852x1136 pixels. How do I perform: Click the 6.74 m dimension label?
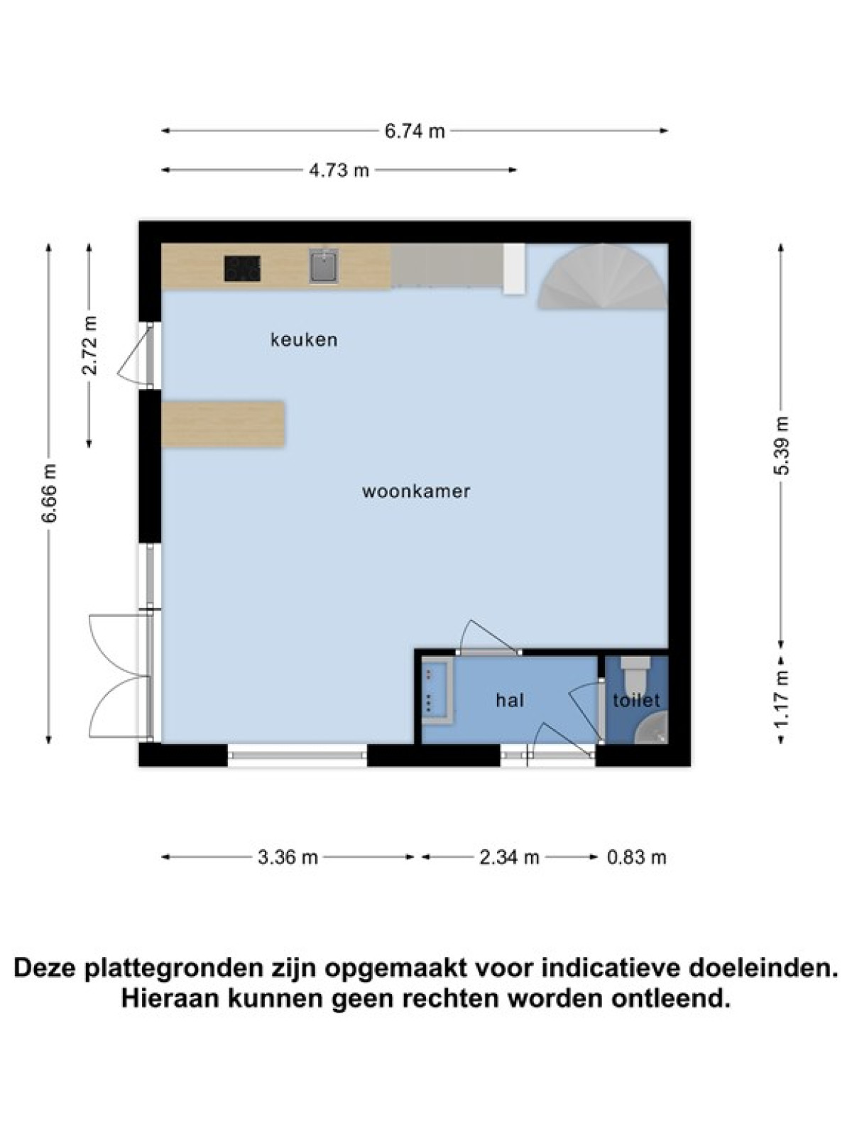[x=415, y=131]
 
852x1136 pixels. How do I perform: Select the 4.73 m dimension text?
[x=339, y=170]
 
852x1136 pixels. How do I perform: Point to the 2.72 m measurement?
[x=90, y=345]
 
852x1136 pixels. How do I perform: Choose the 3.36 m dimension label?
[x=288, y=858]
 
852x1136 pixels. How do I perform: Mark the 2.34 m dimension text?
[x=509, y=858]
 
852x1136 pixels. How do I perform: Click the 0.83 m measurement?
[x=636, y=858]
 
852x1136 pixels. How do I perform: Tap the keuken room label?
[x=304, y=339]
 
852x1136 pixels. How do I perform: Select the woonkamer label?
[x=416, y=491]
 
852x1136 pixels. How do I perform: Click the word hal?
[x=510, y=700]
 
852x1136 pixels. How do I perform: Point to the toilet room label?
[x=636, y=700]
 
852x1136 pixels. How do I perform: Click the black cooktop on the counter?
[x=242, y=268]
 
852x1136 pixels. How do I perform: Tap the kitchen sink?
[x=324, y=266]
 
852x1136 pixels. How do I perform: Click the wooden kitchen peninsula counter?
[x=223, y=423]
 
